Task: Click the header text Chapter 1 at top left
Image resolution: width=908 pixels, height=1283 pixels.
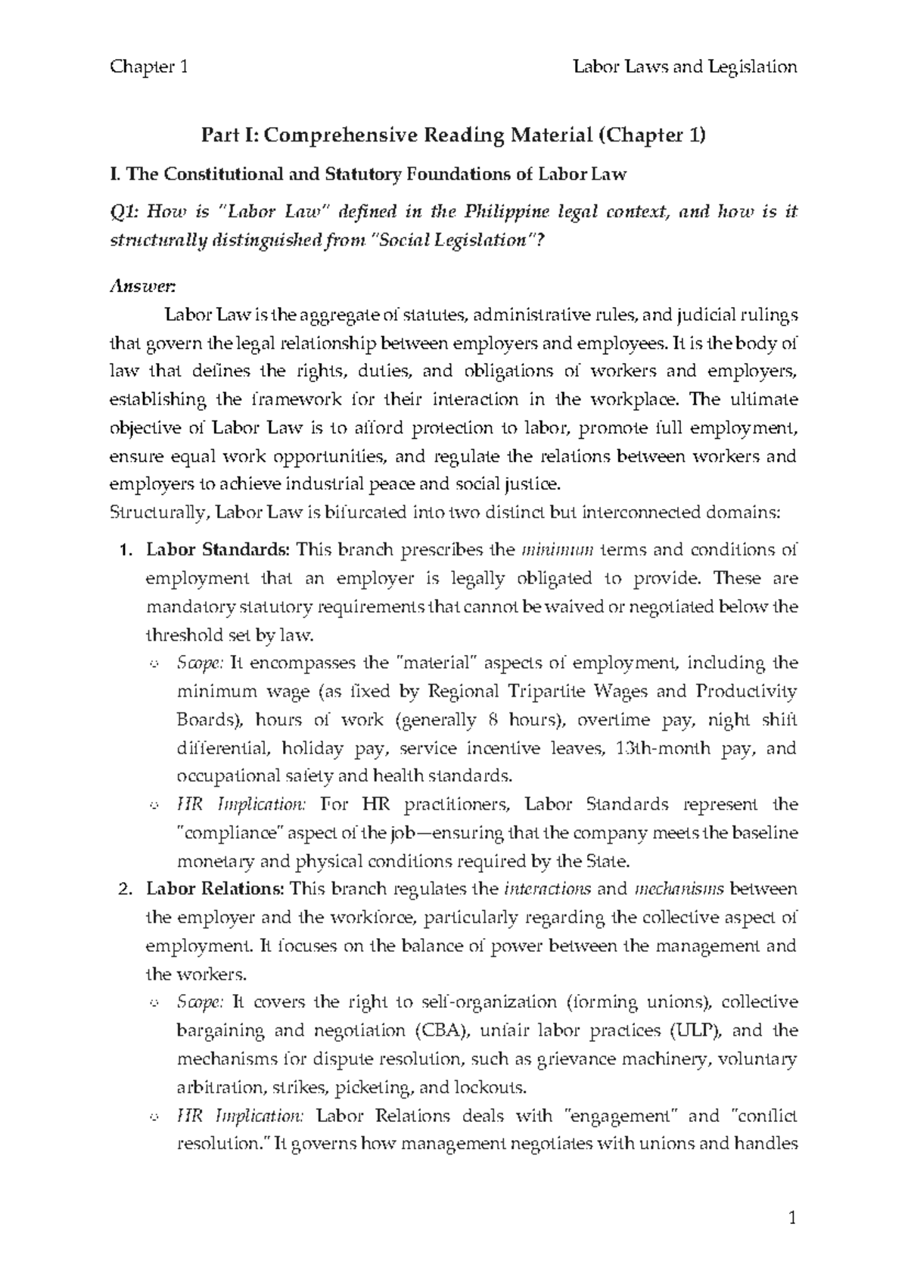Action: click(148, 67)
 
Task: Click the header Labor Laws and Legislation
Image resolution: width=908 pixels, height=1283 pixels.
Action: click(686, 67)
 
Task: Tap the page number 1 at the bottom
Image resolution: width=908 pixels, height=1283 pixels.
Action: click(792, 1219)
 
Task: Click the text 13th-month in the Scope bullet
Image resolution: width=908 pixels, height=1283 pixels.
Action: click(658, 749)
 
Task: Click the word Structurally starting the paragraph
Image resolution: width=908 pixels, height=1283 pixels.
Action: click(160, 512)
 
